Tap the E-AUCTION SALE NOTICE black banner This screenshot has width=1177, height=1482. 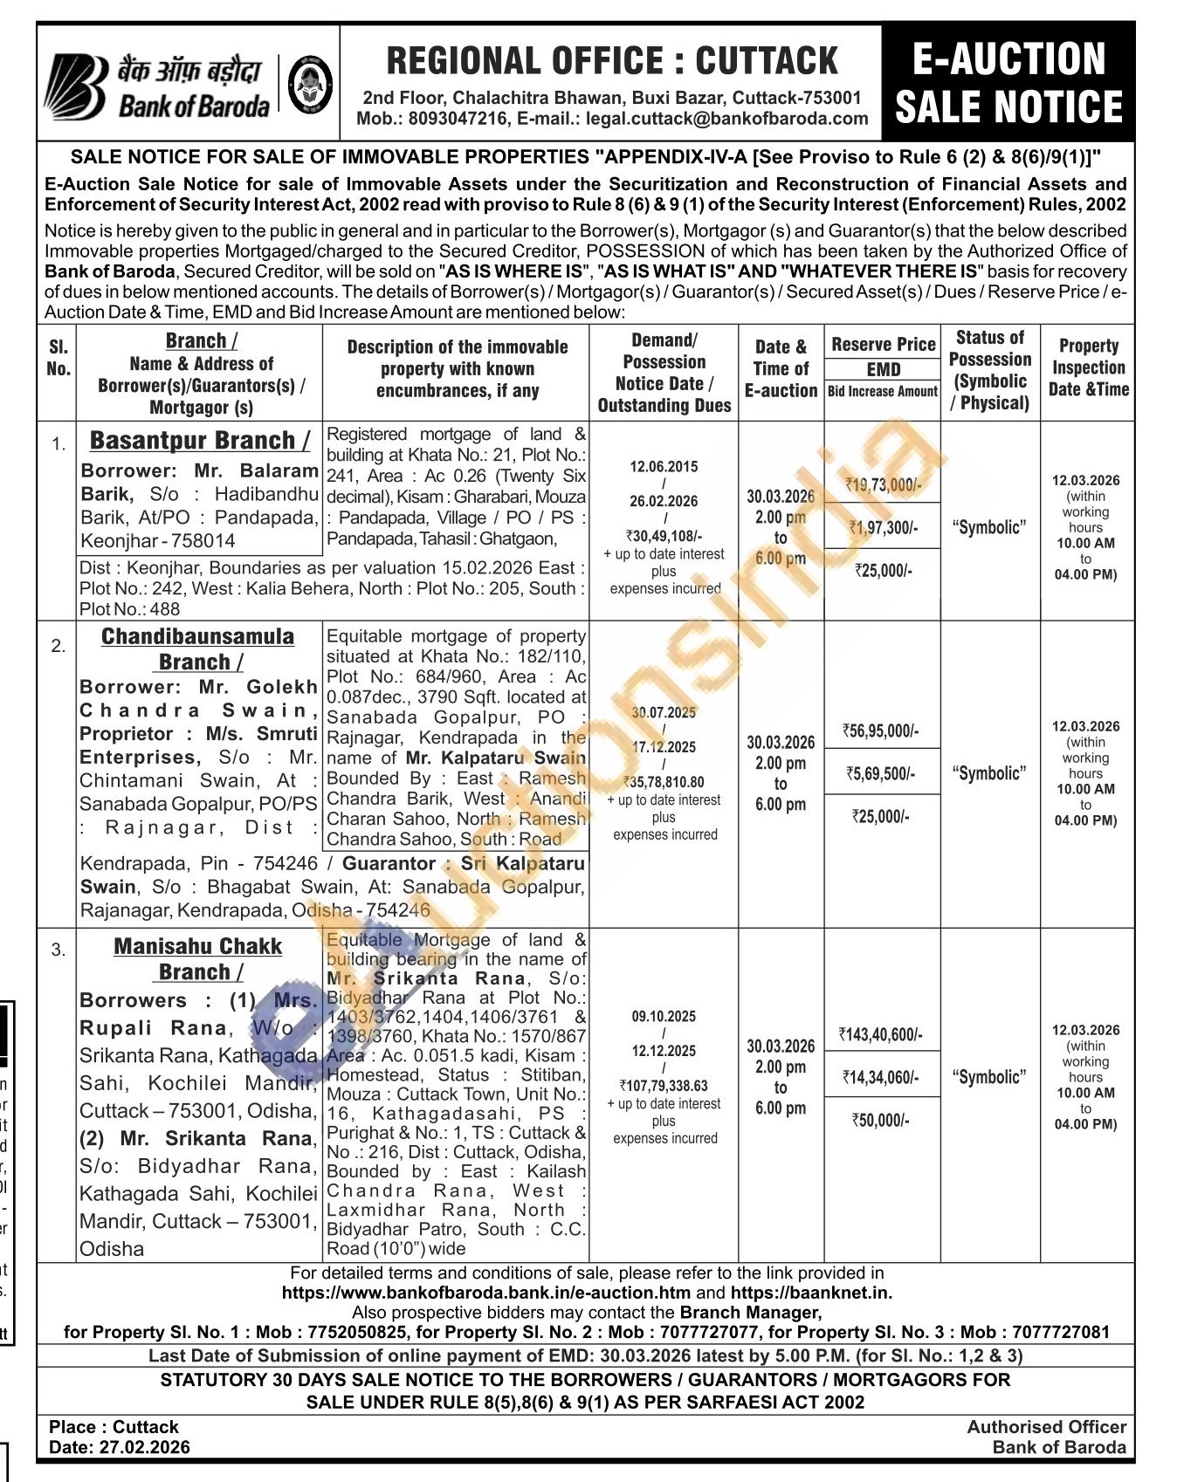point(1008,84)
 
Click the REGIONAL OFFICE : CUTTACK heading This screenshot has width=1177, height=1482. point(611,61)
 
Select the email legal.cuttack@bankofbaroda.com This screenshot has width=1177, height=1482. point(727,119)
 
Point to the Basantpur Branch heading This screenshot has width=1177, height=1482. point(199,441)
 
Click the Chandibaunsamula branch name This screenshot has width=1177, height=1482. point(197,636)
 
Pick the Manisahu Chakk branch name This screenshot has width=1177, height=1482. point(198,947)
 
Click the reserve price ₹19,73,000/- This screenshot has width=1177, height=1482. point(882,485)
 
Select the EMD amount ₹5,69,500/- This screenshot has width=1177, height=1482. point(882,773)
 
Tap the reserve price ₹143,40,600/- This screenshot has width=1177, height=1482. point(881,1034)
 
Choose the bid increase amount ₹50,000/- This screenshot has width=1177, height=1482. point(881,1120)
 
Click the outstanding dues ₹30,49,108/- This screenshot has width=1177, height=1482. point(664,537)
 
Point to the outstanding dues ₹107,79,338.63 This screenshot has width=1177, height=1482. point(664,1086)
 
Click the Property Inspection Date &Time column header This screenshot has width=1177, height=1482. point(1088,367)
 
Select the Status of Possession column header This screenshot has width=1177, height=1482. point(990,370)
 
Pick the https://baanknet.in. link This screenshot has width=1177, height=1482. point(811,1293)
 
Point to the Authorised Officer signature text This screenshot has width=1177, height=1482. point(1046,1427)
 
